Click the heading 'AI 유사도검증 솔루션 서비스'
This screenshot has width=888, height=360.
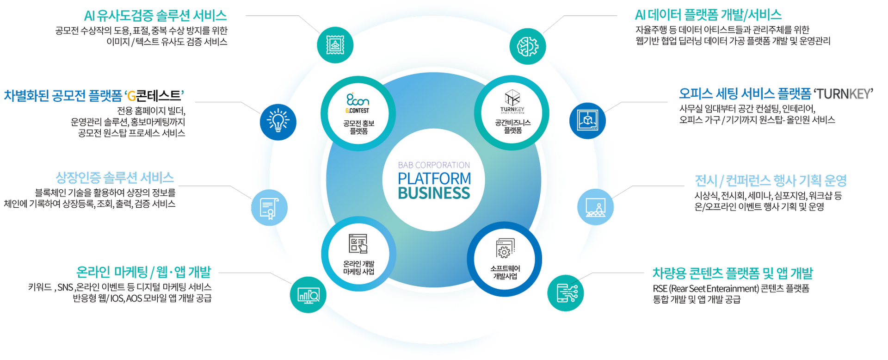pos(155,16)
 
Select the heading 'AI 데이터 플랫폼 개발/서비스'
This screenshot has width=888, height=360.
pos(708,15)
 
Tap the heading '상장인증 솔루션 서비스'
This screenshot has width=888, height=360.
pos(115,178)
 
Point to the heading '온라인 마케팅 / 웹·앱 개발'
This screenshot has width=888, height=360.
pos(143,272)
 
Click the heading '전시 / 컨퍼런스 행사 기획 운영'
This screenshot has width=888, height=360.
pos(771,180)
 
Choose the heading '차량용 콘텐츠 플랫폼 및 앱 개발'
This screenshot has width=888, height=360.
pos(733,273)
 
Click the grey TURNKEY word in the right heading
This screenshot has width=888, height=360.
pos(844,94)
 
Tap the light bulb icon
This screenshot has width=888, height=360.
pos(278,122)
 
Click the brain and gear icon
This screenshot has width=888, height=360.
pos(527,46)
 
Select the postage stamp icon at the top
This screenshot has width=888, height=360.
pos(335,45)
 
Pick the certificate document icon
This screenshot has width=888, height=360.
pos(269,208)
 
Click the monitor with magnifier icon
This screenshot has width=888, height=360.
pos(308,295)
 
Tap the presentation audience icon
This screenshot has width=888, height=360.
pos(596,207)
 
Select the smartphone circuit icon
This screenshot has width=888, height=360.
pos(566,293)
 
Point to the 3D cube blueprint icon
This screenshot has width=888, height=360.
pos(587,121)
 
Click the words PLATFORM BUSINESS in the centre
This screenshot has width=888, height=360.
pos(434,186)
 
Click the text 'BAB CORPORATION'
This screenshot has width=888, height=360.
pos(434,165)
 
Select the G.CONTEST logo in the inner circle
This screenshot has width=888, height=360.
pos(358,103)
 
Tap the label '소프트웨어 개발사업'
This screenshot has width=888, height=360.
pos(505,272)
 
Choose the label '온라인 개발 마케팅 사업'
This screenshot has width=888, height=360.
pos(358,267)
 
